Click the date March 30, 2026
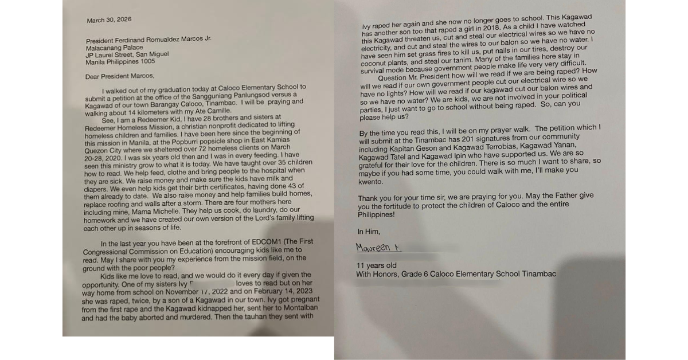pos(109,20)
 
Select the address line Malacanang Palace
pos(113,48)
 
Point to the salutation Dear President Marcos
pos(119,76)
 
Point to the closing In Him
pos(368,231)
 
